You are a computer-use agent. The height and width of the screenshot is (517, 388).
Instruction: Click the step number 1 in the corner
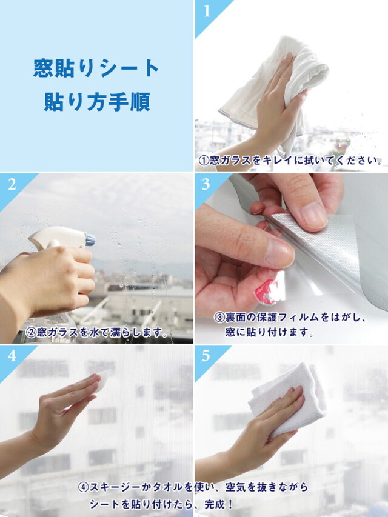pyautogui.click(x=207, y=11)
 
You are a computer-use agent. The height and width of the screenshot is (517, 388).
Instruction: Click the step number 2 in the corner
pyautogui.click(x=12, y=185)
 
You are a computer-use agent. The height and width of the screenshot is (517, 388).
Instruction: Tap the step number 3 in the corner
pyautogui.click(x=206, y=184)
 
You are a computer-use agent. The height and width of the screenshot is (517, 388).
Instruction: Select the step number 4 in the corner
pyautogui.click(x=12, y=356)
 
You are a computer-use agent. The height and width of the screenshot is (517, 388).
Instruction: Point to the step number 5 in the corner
pyautogui.click(x=206, y=356)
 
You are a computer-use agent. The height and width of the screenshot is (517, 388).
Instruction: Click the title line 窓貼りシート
pyautogui.click(x=96, y=68)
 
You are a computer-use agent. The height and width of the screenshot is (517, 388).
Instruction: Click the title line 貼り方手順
pyautogui.click(x=97, y=101)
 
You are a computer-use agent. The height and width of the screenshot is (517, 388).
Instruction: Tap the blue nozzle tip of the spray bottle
pyautogui.click(x=90, y=239)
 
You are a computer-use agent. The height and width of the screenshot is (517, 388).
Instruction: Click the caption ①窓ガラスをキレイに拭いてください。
pyautogui.click(x=290, y=161)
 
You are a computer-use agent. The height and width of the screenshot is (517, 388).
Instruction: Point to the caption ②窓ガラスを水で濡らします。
pyautogui.click(x=96, y=332)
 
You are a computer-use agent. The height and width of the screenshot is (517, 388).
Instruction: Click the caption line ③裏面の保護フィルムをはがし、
pyautogui.click(x=290, y=318)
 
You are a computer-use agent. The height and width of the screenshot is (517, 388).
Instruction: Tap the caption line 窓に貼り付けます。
pyautogui.click(x=270, y=332)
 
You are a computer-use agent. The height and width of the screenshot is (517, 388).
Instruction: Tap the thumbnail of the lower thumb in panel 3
pyautogui.click(x=279, y=253)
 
